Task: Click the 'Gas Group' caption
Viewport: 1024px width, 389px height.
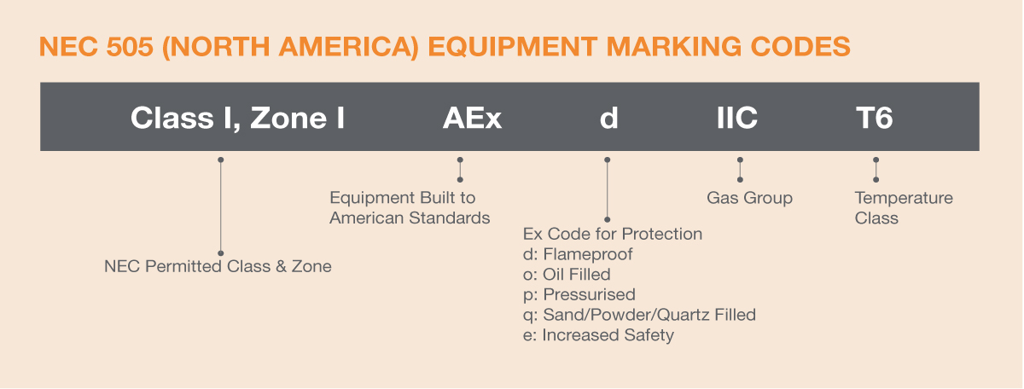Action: (x=749, y=198)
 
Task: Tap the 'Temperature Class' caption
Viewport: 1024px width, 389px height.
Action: (x=903, y=207)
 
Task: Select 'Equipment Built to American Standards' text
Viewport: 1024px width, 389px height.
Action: (x=410, y=207)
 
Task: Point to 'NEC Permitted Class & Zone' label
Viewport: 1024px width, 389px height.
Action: (x=218, y=267)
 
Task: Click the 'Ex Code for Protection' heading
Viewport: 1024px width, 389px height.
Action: (x=612, y=234)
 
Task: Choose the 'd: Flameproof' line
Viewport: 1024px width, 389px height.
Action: (x=577, y=254)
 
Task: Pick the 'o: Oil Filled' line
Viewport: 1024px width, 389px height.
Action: (x=566, y=275)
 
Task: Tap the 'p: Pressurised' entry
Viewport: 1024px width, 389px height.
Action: (x=579, y=295)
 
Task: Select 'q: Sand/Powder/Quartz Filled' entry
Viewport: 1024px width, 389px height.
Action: (x=638, y=315)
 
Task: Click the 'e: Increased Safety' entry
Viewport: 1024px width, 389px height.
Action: (x=597, y=335)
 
